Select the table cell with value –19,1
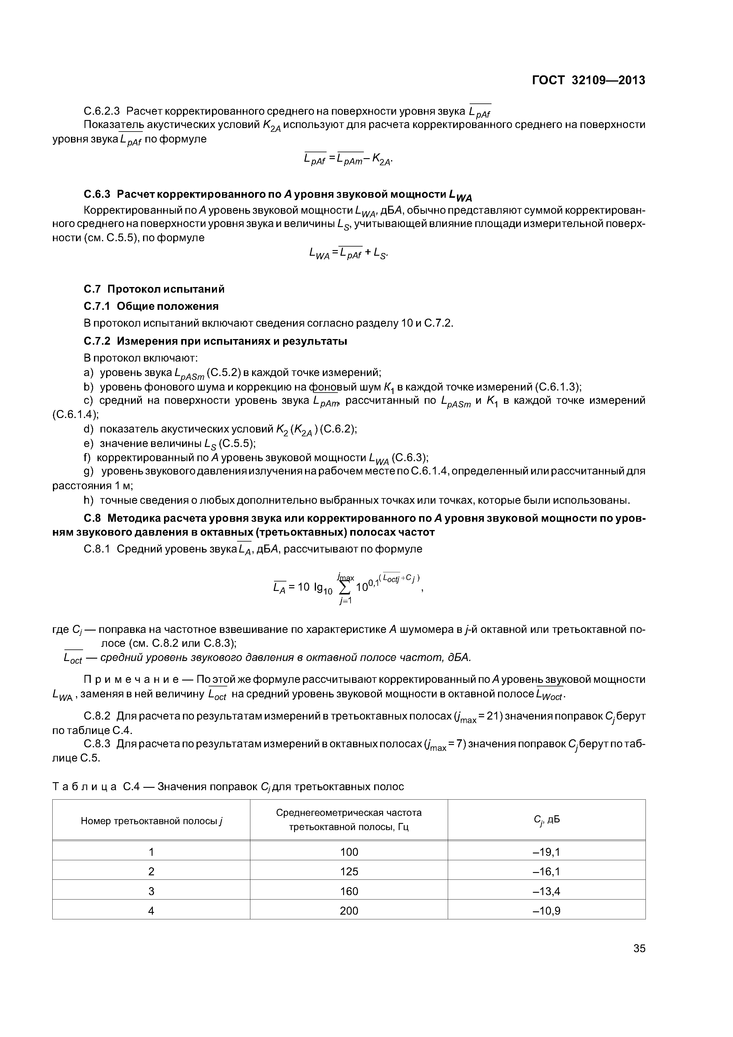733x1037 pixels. (x=546, y=852)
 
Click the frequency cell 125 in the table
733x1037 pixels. (x=349, y=872)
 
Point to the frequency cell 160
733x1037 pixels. (x=349, y=891)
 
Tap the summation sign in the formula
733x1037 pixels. (x=345, y=588)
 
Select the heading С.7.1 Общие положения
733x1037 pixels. (x=151, y=306)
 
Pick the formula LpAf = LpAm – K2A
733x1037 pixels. (x=348, y=159)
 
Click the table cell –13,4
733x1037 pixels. (x=546, y=891)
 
